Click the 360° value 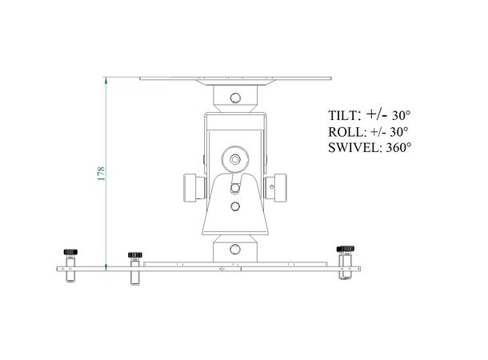pyautogui.click(x=398, y=148)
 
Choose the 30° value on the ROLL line pyautogui.click(x=398, y=131)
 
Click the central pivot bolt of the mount pyautogui.click(x=234, y=158)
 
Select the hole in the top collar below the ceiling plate pyautogui.click(x=234, y=98)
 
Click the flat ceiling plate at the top pyautogui.click(x=234, y=78)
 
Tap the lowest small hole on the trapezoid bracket pyautogui.click(x=234, y=206)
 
